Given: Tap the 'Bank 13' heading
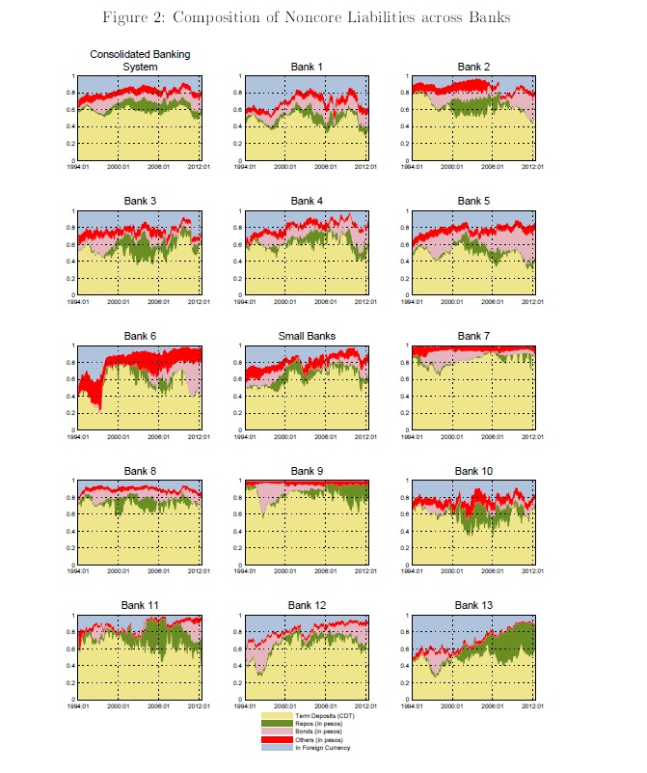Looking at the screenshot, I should (474, 605).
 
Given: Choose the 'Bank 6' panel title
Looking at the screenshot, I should (141, 336).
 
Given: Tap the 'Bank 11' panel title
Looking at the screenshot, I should (141, 605).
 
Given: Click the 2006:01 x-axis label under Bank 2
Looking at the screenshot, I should (494, 167).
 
